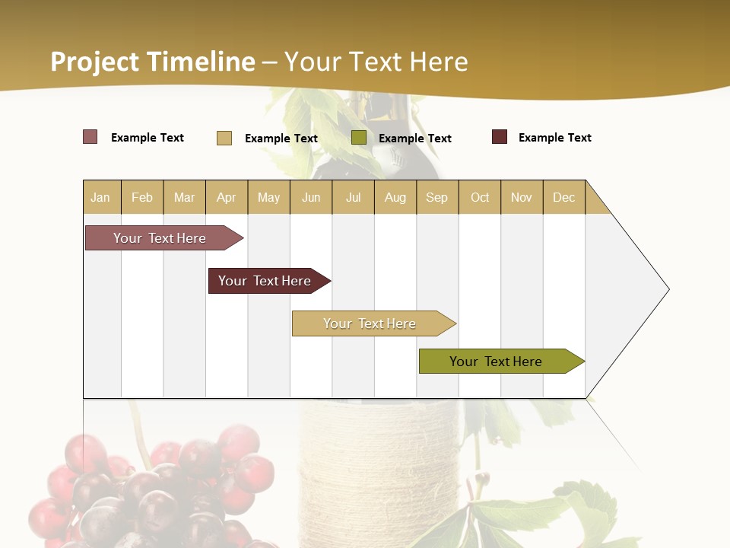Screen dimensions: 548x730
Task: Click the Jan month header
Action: [x=101, y=197]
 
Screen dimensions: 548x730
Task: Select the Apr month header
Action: [x=227, y=197]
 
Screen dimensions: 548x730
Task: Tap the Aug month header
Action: [x=395, y=197]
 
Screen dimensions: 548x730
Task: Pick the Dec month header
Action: [x=563, y=197]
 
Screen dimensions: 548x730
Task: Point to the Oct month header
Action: [x=479, y=197]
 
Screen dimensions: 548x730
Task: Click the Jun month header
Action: [x=310, y=197]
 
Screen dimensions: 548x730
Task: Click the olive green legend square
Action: [x=359, y=138]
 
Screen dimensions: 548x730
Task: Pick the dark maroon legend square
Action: [x=500, y=137]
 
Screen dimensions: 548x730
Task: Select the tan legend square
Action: [x=224, y=138]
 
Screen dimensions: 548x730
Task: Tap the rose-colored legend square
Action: [x=90, y=137]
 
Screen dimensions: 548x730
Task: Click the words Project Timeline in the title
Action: [x=152, y=62]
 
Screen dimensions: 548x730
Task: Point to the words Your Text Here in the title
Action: [x=376, y=62]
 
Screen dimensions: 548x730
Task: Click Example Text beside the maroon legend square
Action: [x=554, y=138]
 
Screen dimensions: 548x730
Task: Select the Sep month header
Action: [x=436, y=197]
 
